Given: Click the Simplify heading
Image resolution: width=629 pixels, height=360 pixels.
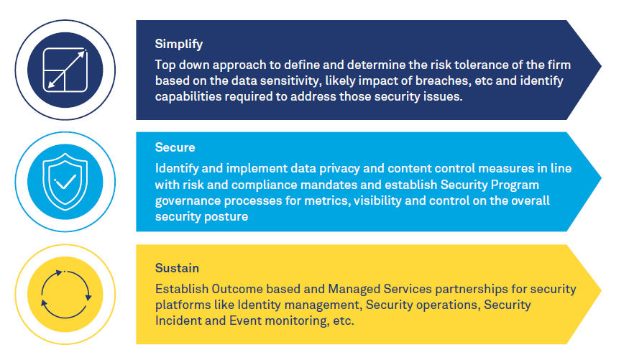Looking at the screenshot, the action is point(178,44).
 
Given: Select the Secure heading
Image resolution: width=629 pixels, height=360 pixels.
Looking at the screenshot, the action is point(175,147).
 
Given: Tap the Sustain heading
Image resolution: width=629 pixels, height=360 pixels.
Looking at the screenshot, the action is point(177,268).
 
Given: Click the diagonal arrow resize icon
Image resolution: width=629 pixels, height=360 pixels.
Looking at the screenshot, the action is point(65,70).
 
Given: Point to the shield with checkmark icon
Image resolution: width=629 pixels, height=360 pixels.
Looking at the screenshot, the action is point(65,182).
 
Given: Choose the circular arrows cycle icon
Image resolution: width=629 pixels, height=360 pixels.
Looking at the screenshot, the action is point(66,295).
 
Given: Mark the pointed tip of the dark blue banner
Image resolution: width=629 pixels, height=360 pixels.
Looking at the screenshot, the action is point(601,65).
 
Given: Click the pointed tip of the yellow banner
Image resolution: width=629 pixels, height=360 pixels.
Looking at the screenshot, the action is point(601,290).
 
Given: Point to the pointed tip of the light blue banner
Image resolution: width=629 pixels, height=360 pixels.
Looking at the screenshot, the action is point(601,178).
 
